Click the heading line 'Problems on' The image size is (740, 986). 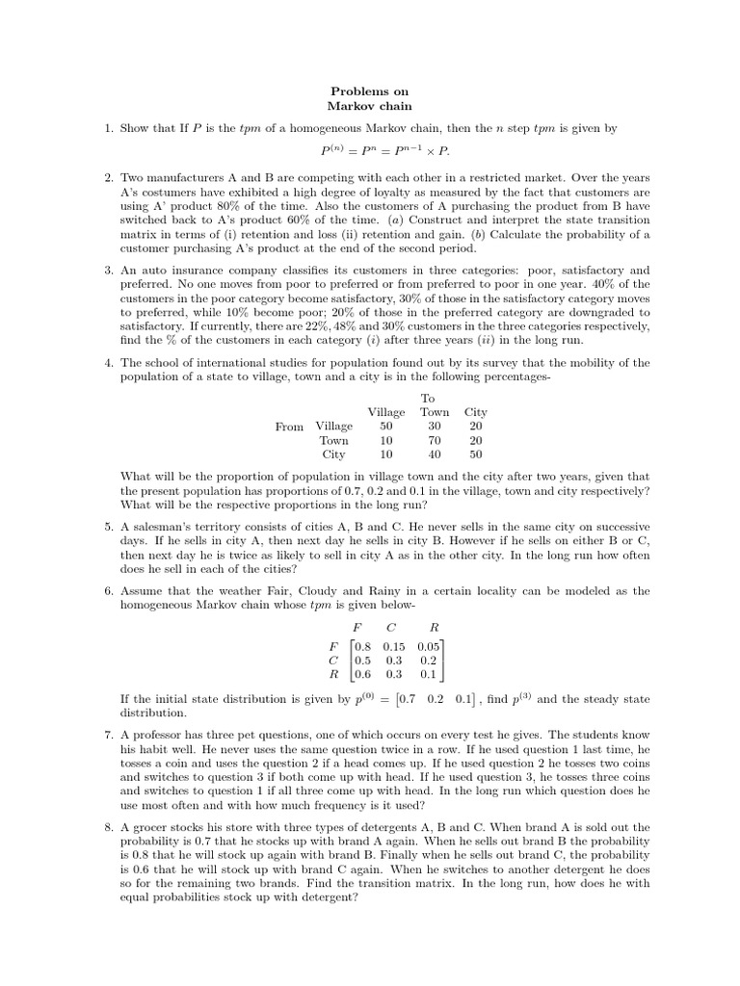[x=370, y=91]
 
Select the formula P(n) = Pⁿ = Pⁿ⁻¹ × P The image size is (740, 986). [x=384, y=151]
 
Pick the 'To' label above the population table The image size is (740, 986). [x=428, y=398]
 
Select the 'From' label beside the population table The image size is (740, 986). [x=289, y=427]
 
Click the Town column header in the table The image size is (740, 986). [x=435, y=412]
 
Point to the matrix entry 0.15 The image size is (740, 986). [x=395, y=647]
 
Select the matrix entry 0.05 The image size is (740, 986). [x=430, y=647]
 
